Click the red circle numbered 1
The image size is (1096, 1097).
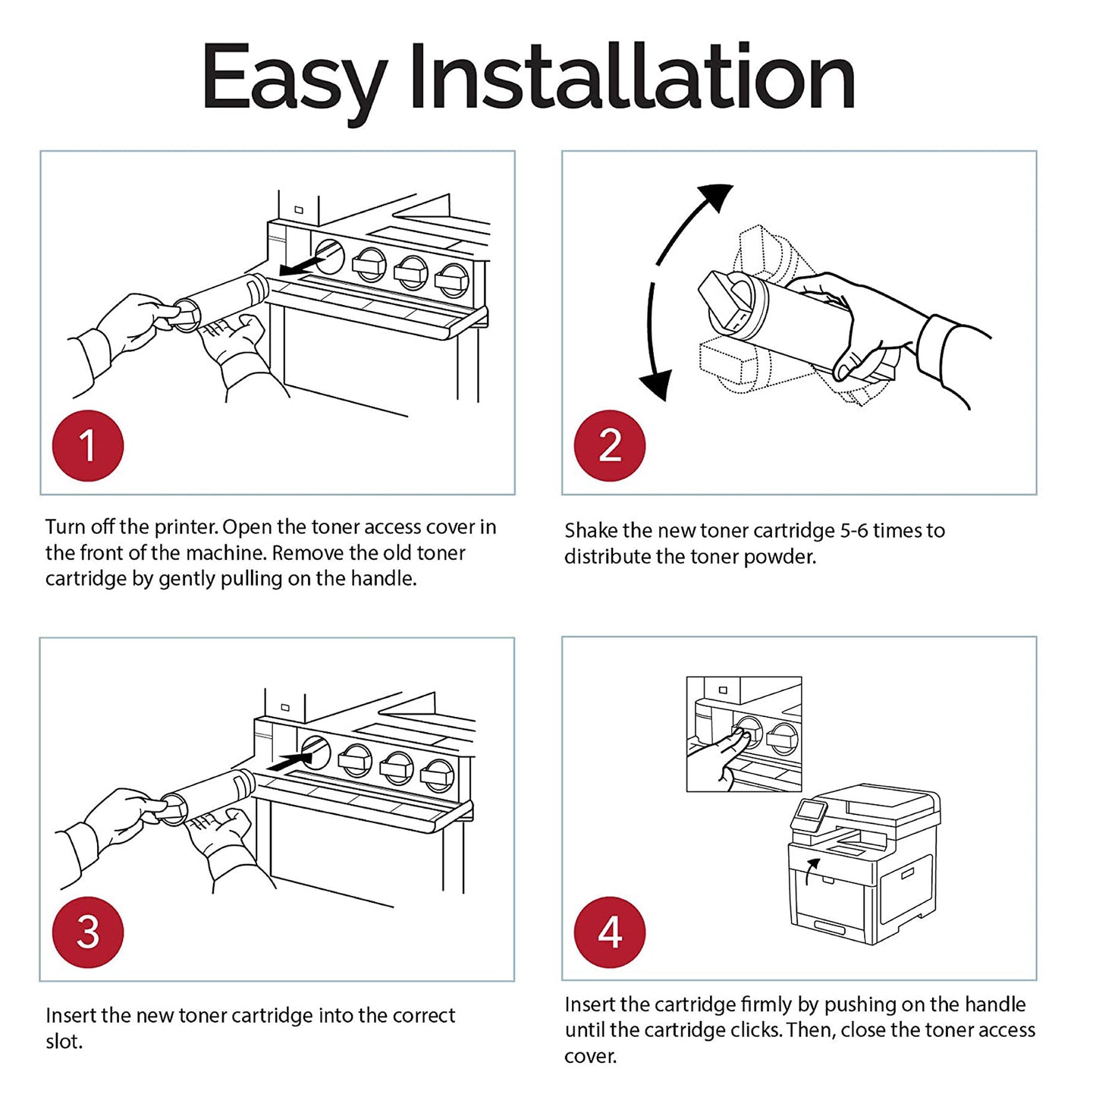tap(87, 445)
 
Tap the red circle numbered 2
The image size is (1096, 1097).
tap(610, 445)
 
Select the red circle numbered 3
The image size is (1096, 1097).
tap(87, 932)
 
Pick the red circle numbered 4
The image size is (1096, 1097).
tap(610, 932)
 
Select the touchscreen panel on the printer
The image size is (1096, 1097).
tap(809, 814)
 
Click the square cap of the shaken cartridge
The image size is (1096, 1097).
tap(724, 300)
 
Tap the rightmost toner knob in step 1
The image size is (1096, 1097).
tap(453, 281)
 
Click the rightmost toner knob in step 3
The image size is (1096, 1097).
tap(438, 775)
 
